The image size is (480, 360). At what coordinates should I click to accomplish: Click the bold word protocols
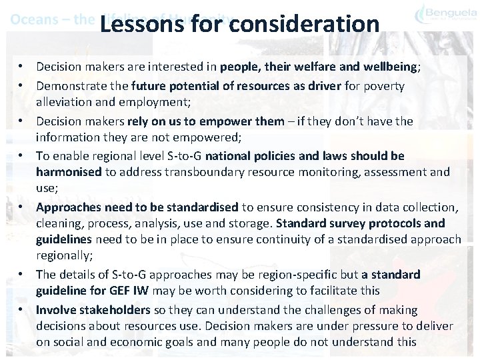pos(393,223)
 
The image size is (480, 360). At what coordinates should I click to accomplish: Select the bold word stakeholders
pos(110,310)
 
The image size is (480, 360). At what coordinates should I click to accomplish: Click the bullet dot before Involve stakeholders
pos(23,310)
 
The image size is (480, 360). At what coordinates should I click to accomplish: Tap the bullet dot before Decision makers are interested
pos(23,67)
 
